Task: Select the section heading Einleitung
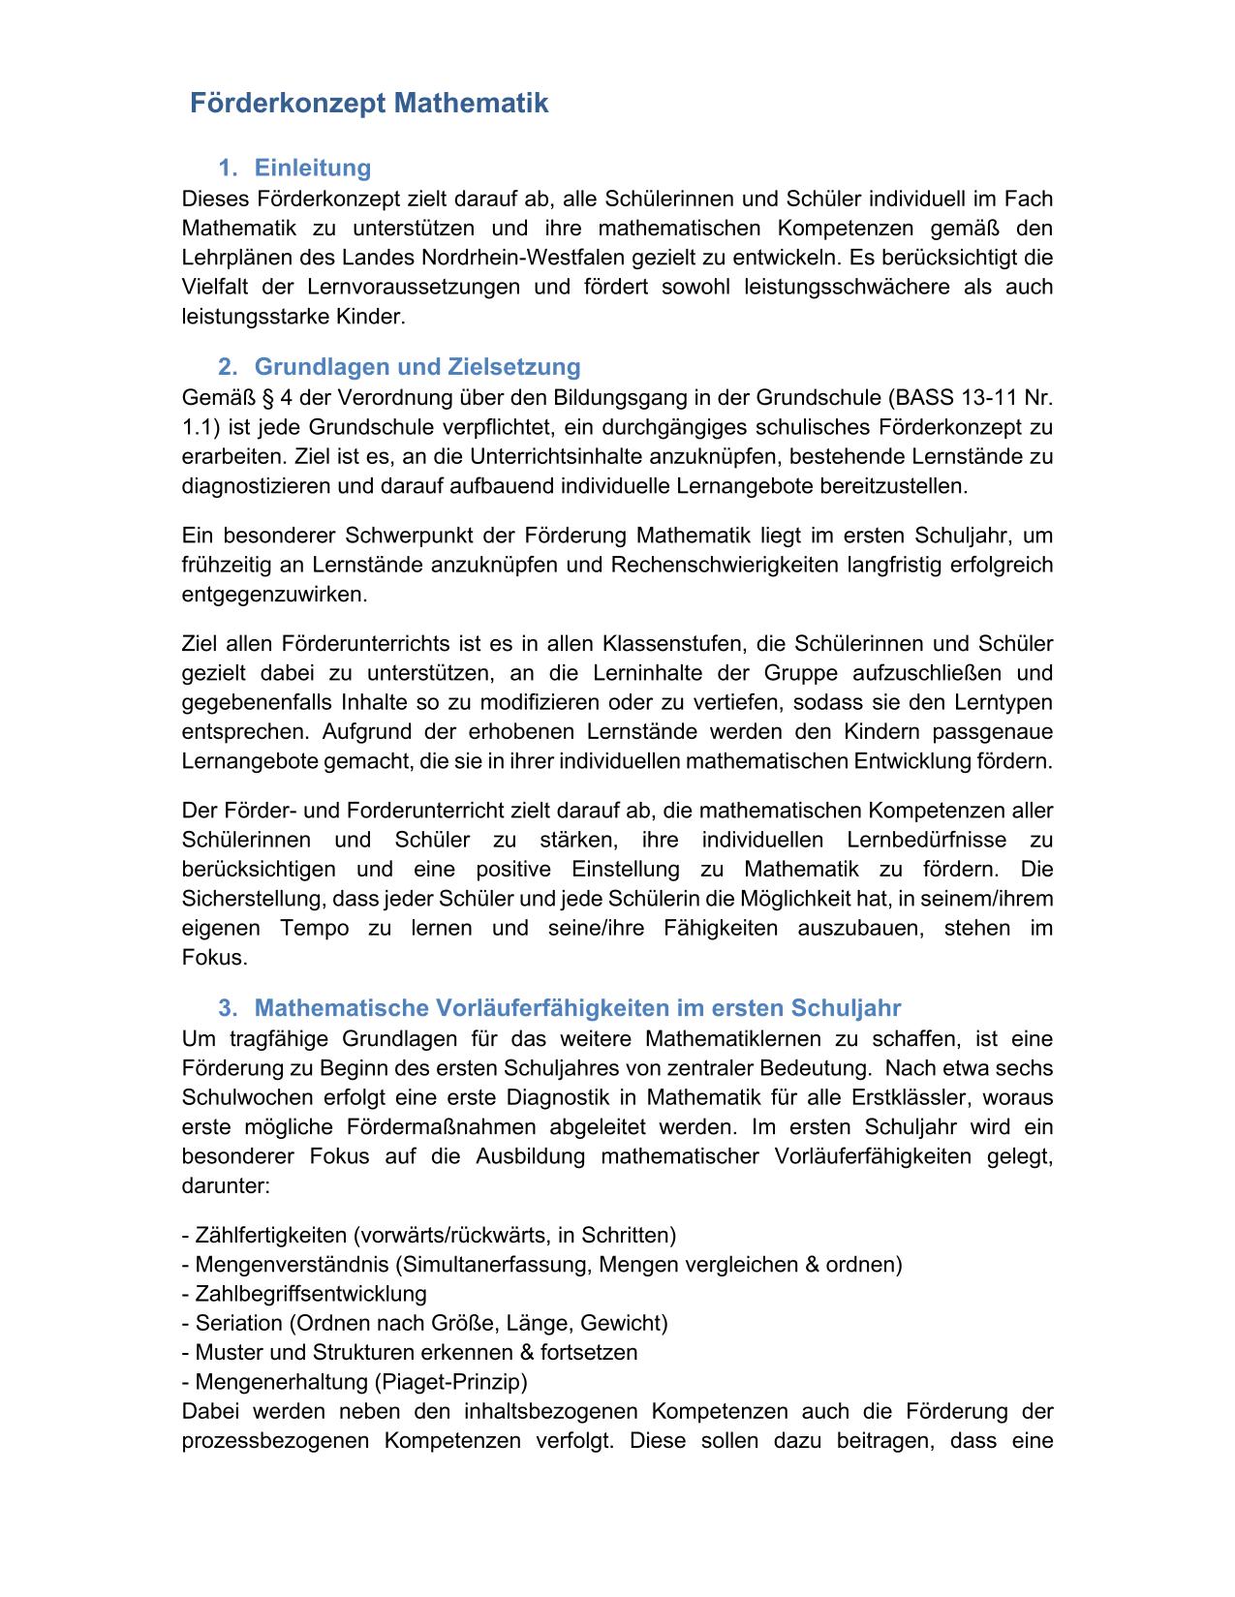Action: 312,169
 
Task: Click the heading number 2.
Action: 227,367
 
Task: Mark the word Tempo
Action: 315,929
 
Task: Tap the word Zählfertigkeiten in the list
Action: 270,1236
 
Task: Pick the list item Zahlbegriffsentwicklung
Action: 311,1294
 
